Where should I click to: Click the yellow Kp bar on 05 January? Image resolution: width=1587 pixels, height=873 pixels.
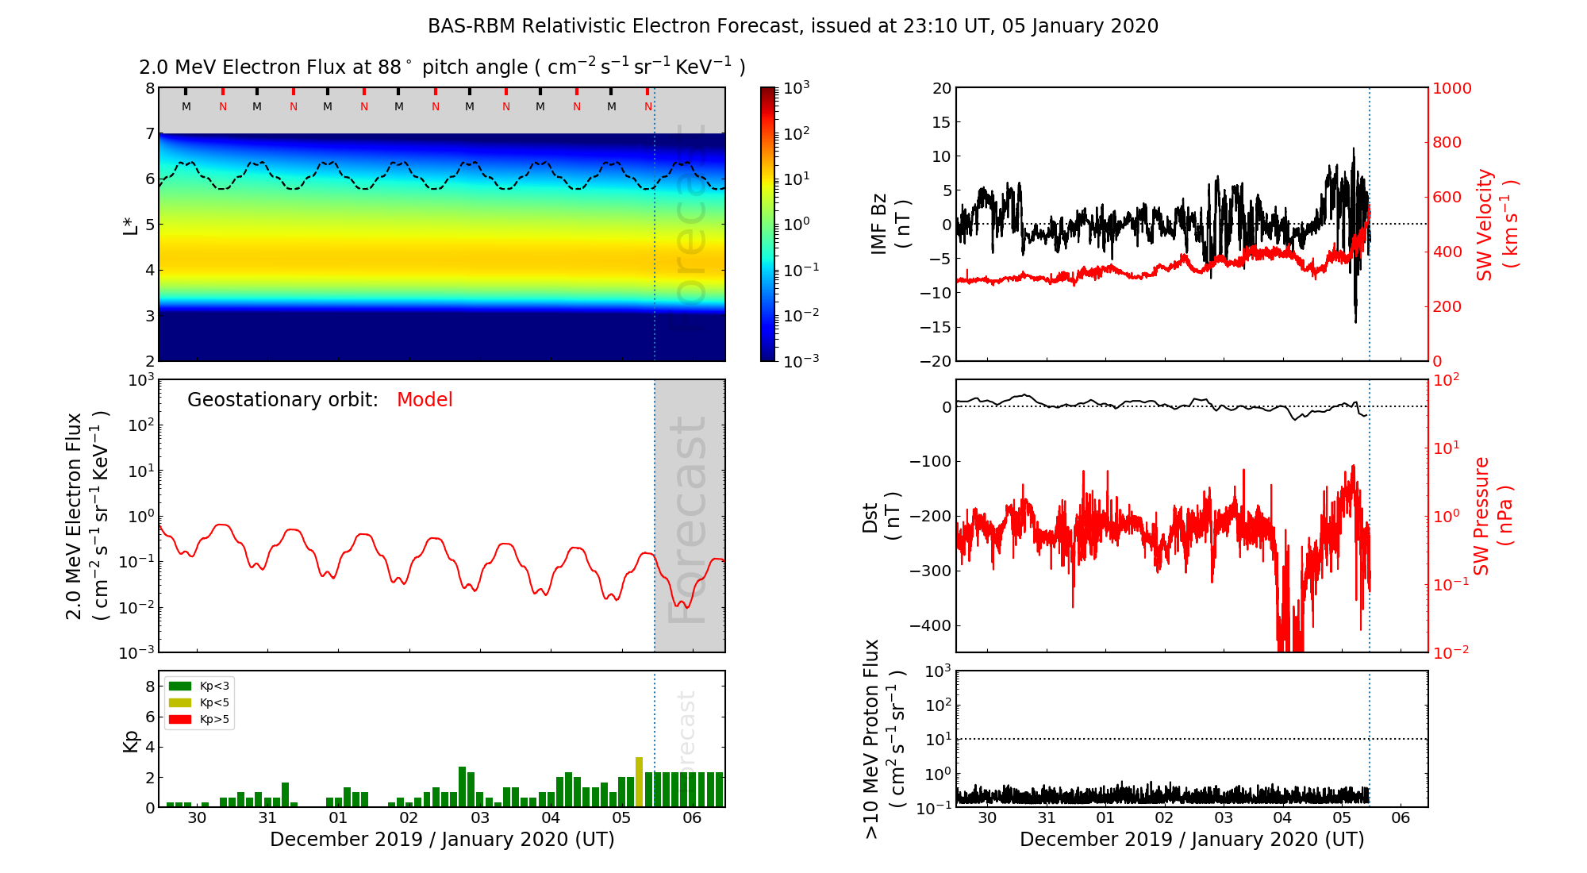(639, 782)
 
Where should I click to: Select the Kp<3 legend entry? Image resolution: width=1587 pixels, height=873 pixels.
(199, 686)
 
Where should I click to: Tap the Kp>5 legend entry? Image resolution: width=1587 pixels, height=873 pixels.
(199, 720)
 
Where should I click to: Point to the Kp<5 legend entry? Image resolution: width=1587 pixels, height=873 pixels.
(199, 702)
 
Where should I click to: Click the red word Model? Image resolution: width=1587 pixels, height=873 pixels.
(425, 400)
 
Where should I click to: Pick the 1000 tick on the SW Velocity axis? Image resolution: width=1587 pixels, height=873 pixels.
(1451, 88)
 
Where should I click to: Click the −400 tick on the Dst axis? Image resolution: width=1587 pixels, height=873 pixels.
(930, 625)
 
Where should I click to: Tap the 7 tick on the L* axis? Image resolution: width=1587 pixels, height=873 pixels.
(150, 133)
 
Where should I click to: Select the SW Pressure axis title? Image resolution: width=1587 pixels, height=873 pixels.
(1493, 516)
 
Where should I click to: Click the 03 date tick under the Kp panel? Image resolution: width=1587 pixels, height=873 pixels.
(479, 818)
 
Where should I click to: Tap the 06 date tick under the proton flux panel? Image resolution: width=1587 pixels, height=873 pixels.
(1401, 818)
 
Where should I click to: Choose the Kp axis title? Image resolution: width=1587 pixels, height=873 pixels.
(131, 740)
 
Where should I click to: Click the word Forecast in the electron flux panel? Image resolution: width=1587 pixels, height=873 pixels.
(687, 520)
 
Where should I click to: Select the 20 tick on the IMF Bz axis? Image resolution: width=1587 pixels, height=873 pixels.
(942, 88)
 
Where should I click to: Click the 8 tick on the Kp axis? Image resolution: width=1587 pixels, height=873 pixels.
(150, 686)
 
